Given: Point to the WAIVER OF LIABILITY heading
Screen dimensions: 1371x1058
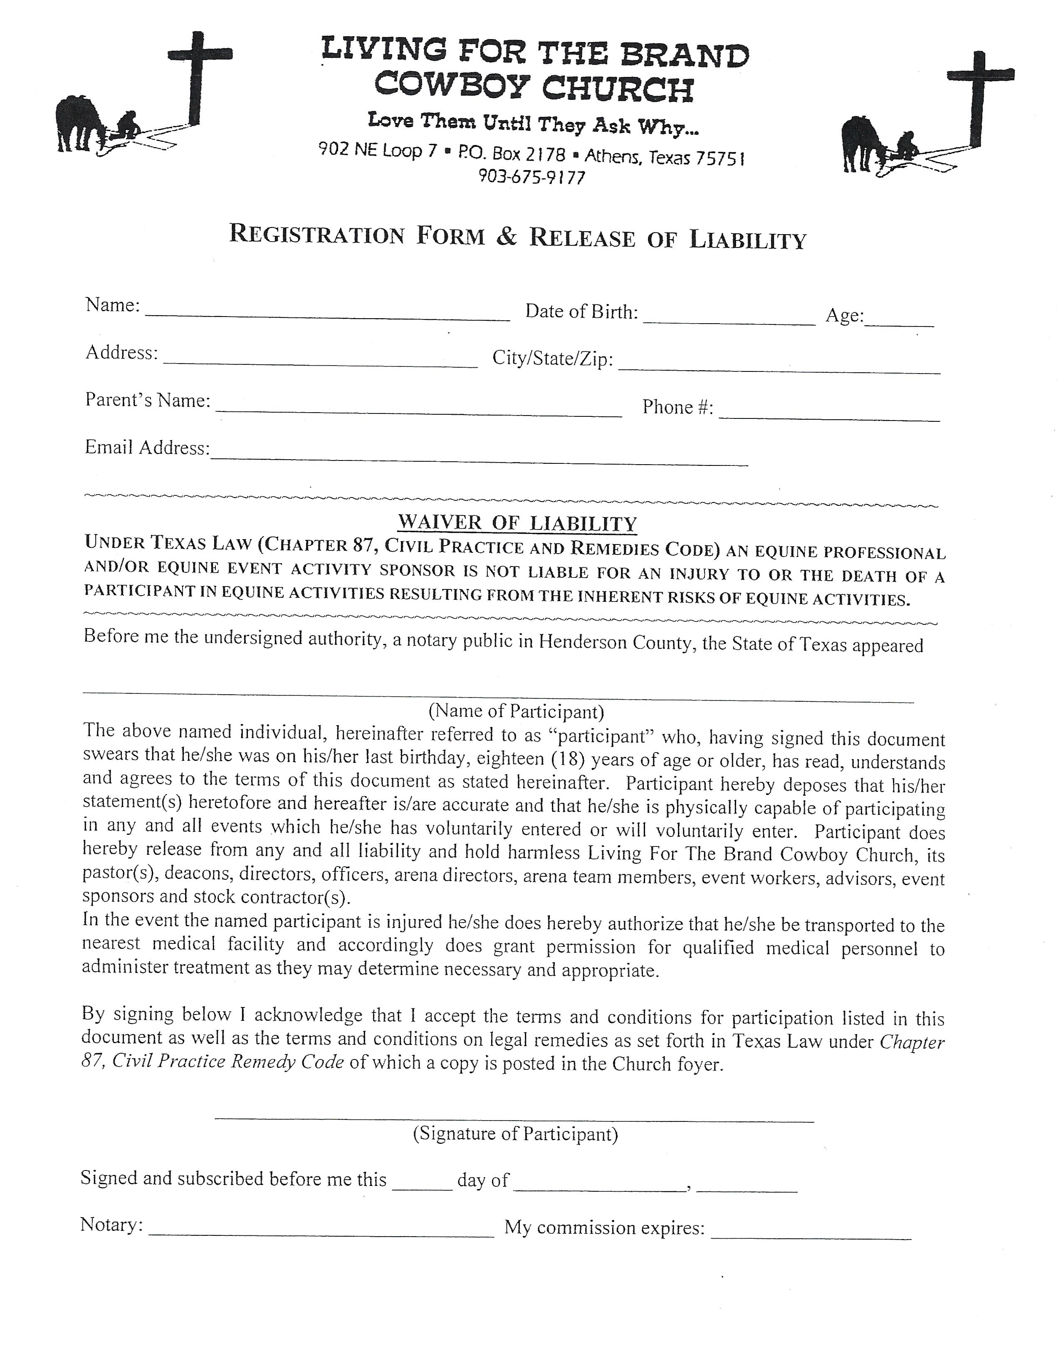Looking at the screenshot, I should [x=517, y=523].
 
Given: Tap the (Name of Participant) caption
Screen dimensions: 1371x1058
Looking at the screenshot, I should [x=516, y=711].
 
